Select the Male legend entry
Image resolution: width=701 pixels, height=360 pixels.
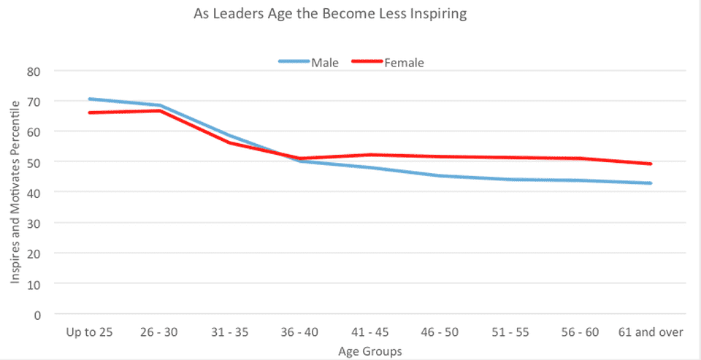(x=309, y=62)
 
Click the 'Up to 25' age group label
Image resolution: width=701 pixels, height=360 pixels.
(x=89, y=332)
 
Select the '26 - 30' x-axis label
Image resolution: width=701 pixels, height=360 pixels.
(x=159, y=332)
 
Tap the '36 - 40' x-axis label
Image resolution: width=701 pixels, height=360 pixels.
(x=300, y=332)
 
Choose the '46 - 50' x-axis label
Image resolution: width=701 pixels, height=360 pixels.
(x=440, y=332)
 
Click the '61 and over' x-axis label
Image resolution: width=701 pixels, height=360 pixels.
(x=650, y=332)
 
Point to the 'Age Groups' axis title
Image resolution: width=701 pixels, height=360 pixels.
(x=369, y=351)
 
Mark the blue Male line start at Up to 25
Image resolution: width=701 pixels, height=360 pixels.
(x=89, y=99)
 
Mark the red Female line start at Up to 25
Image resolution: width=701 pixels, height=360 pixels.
(x=89, y=112)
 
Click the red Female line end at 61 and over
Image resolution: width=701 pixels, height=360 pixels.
(x=650, y=164)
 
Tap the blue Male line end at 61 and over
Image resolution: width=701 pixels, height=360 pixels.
(x=650, y=183)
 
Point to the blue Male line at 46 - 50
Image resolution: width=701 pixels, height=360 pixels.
(x=440, y=176)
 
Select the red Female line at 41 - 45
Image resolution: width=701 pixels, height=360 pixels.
(x=370, y=155)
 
